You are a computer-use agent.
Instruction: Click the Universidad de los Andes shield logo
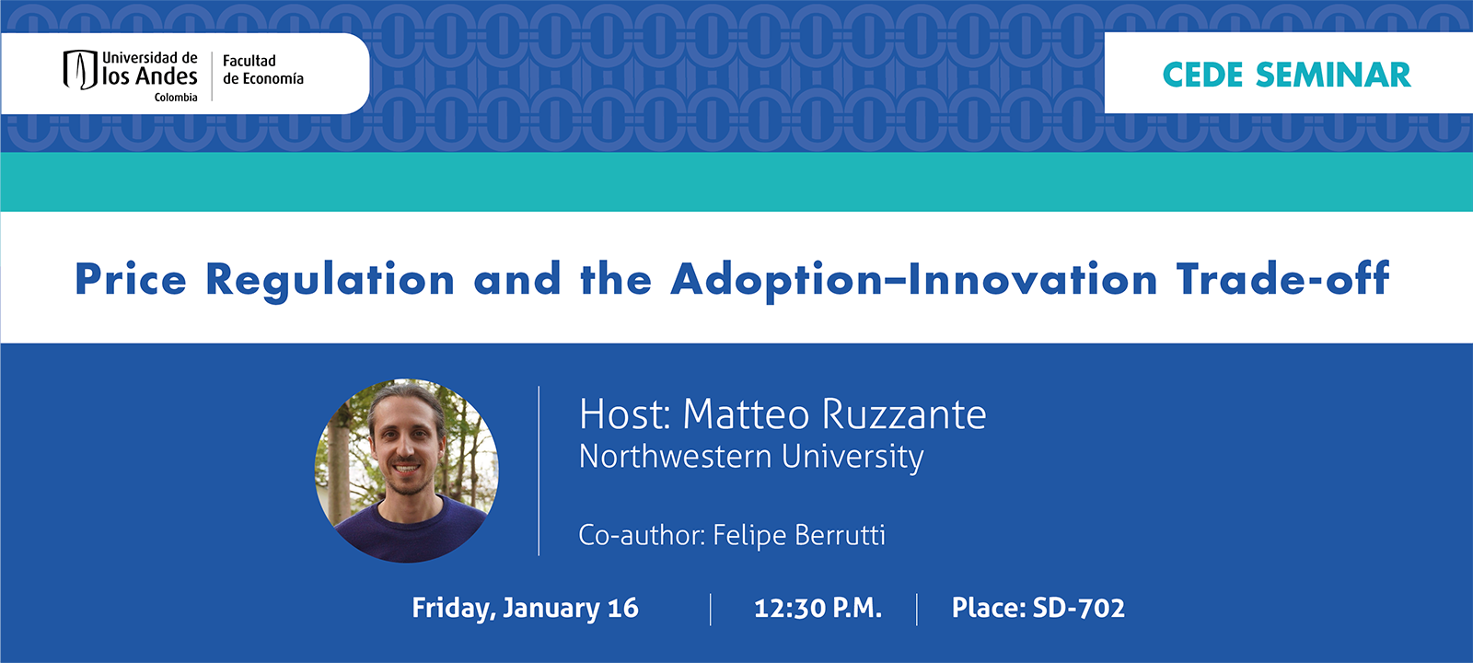79,69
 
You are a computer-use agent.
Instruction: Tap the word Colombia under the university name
175,98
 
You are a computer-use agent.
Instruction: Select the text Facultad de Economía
262,70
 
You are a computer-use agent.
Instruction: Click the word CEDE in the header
1202,76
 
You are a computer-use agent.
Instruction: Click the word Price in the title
131,280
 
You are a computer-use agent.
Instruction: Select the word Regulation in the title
330,280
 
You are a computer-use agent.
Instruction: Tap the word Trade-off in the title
1282,280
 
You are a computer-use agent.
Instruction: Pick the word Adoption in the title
776,280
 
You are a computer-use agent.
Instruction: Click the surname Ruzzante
903,414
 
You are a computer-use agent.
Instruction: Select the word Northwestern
675,457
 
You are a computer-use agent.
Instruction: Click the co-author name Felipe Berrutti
799,535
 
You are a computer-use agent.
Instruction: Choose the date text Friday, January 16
525,608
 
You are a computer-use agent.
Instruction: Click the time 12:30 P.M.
818,608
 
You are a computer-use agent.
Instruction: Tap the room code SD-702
1078,608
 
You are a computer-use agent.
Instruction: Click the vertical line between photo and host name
539,471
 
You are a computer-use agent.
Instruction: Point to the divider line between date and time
711,609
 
